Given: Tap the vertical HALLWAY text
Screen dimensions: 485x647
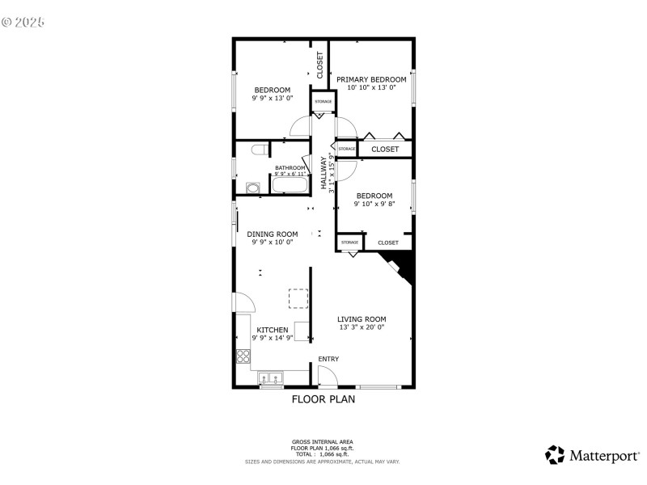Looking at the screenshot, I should point(323,172).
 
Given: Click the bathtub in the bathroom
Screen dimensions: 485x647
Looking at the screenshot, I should point(290,185).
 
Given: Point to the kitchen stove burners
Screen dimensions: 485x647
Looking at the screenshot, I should point(243,355).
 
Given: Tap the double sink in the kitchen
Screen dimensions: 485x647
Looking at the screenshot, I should point(271,377).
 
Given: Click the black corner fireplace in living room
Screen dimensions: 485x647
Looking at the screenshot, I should point(400,267).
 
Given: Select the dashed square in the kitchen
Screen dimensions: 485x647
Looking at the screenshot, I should point(299,298).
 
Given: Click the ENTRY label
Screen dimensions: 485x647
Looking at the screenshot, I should point(328,359).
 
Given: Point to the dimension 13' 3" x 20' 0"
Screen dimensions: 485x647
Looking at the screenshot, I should point(361,327).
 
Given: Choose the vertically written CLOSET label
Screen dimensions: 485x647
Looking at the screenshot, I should point(319,65).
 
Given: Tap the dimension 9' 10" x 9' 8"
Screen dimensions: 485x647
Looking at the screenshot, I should point(374,205).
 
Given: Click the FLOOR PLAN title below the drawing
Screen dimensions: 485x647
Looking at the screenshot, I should point(323,399).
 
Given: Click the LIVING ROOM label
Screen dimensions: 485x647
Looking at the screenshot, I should point(362,318).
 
